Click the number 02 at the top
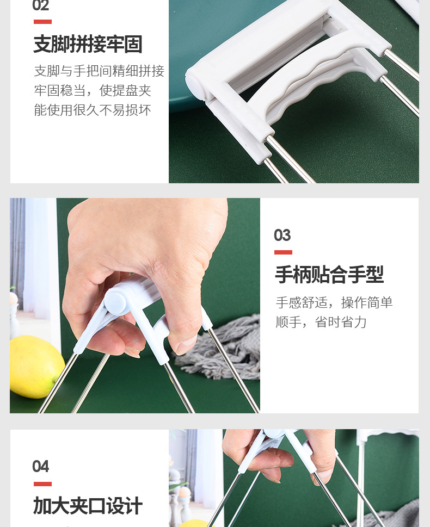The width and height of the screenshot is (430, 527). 41,6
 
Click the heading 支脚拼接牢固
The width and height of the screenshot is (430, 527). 88,45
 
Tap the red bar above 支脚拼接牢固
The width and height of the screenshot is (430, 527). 42,22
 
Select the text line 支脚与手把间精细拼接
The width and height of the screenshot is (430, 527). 99,71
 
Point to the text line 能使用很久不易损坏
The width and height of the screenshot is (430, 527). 93,110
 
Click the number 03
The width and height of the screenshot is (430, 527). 282,235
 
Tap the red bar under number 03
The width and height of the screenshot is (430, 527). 283,252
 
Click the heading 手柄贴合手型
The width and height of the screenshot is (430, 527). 329,275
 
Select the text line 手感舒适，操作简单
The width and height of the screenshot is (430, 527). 334,303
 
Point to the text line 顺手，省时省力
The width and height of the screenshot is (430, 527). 321,323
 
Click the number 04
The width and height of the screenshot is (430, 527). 41,467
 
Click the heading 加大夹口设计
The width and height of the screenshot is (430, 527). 88,506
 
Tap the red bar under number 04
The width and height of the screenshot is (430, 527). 42,483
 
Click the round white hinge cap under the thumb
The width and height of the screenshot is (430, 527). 115,300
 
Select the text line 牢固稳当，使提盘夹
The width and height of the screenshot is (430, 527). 93,91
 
